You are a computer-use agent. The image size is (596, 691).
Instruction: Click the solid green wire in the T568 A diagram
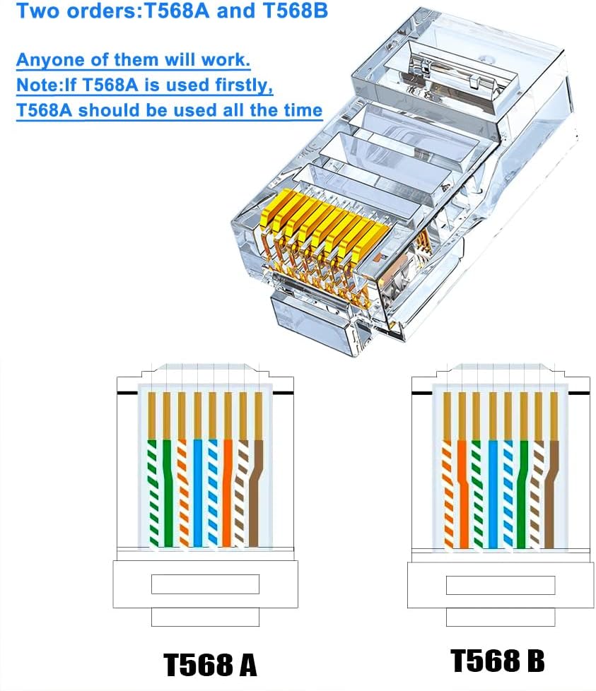point(168,495)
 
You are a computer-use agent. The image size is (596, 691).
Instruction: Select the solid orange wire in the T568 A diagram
point(228,495)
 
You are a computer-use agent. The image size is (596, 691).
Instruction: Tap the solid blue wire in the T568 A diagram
point(198,495)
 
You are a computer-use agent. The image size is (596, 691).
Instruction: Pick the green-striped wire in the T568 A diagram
point(152,495)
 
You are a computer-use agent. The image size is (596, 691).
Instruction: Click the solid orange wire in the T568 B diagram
point(462,495)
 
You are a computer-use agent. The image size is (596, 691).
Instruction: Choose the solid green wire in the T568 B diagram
point(522,495)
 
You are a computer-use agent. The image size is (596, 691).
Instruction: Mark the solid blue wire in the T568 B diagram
point(493,495)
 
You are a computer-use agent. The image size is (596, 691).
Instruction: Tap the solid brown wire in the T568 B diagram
point(553,495)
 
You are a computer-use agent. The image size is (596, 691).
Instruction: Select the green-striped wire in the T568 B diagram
point(477,495)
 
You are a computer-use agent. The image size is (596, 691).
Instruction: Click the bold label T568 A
point(210,665)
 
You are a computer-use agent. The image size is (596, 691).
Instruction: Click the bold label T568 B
point(498,661)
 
